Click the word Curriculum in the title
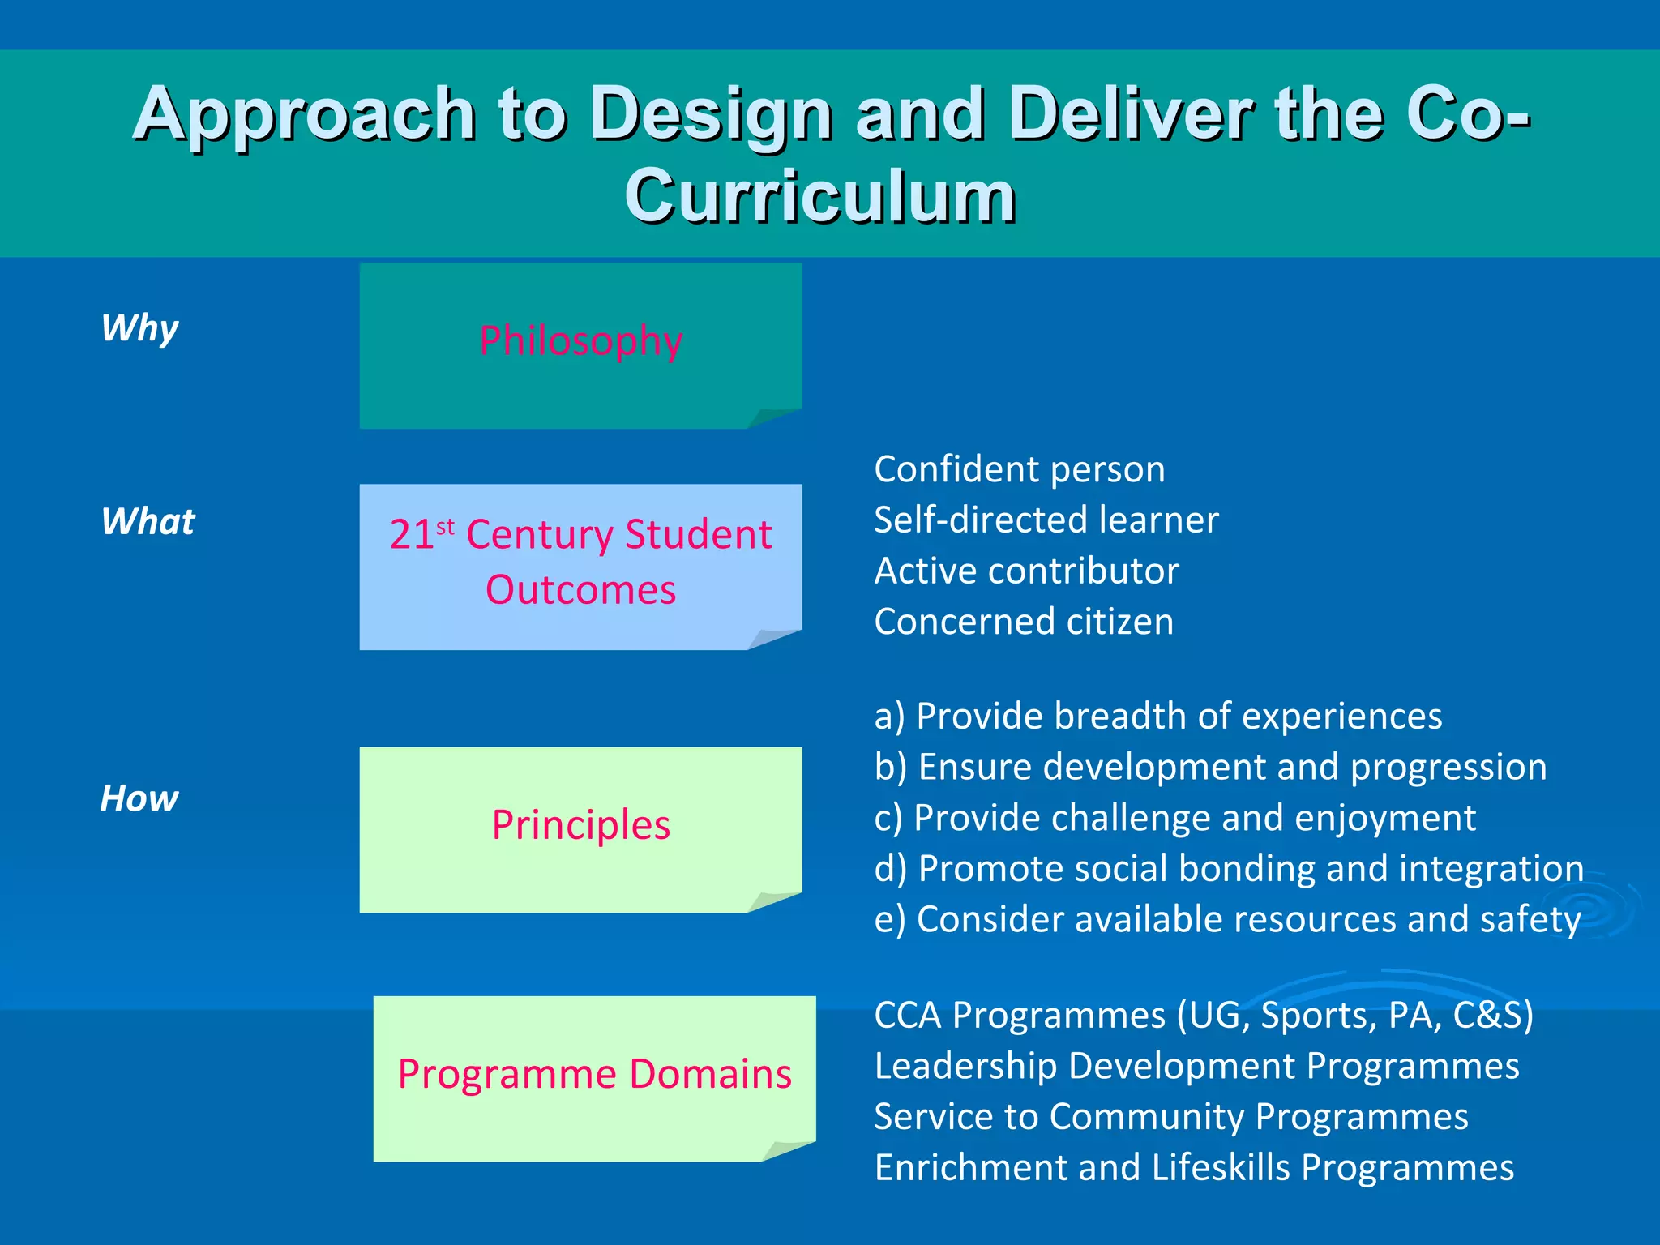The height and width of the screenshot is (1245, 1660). tap(819, 196)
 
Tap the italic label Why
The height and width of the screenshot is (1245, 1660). tap(139, 328)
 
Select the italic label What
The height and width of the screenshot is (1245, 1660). tap(148, 522)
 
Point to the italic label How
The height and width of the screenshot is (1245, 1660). tap(139, 799)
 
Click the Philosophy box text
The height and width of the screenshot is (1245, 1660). tap(580, 340)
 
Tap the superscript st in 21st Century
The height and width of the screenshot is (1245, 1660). tap(445, 527)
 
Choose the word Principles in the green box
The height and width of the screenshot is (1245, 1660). tap(580, 825)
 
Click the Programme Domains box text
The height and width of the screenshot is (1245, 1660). tap(594, 1074)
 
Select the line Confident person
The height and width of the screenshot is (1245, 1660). tap(1019, 469)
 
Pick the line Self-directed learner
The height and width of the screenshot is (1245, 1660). tap(1046, 520)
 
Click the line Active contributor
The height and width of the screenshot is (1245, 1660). tap(1026, 571)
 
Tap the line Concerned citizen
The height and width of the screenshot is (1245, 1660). tap(1023, 622)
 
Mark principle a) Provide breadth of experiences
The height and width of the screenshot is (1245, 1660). tap(1157, 717)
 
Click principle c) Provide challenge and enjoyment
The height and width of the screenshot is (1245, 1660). tap(1174, 818)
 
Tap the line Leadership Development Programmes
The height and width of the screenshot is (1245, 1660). tap(1196, 1067)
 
